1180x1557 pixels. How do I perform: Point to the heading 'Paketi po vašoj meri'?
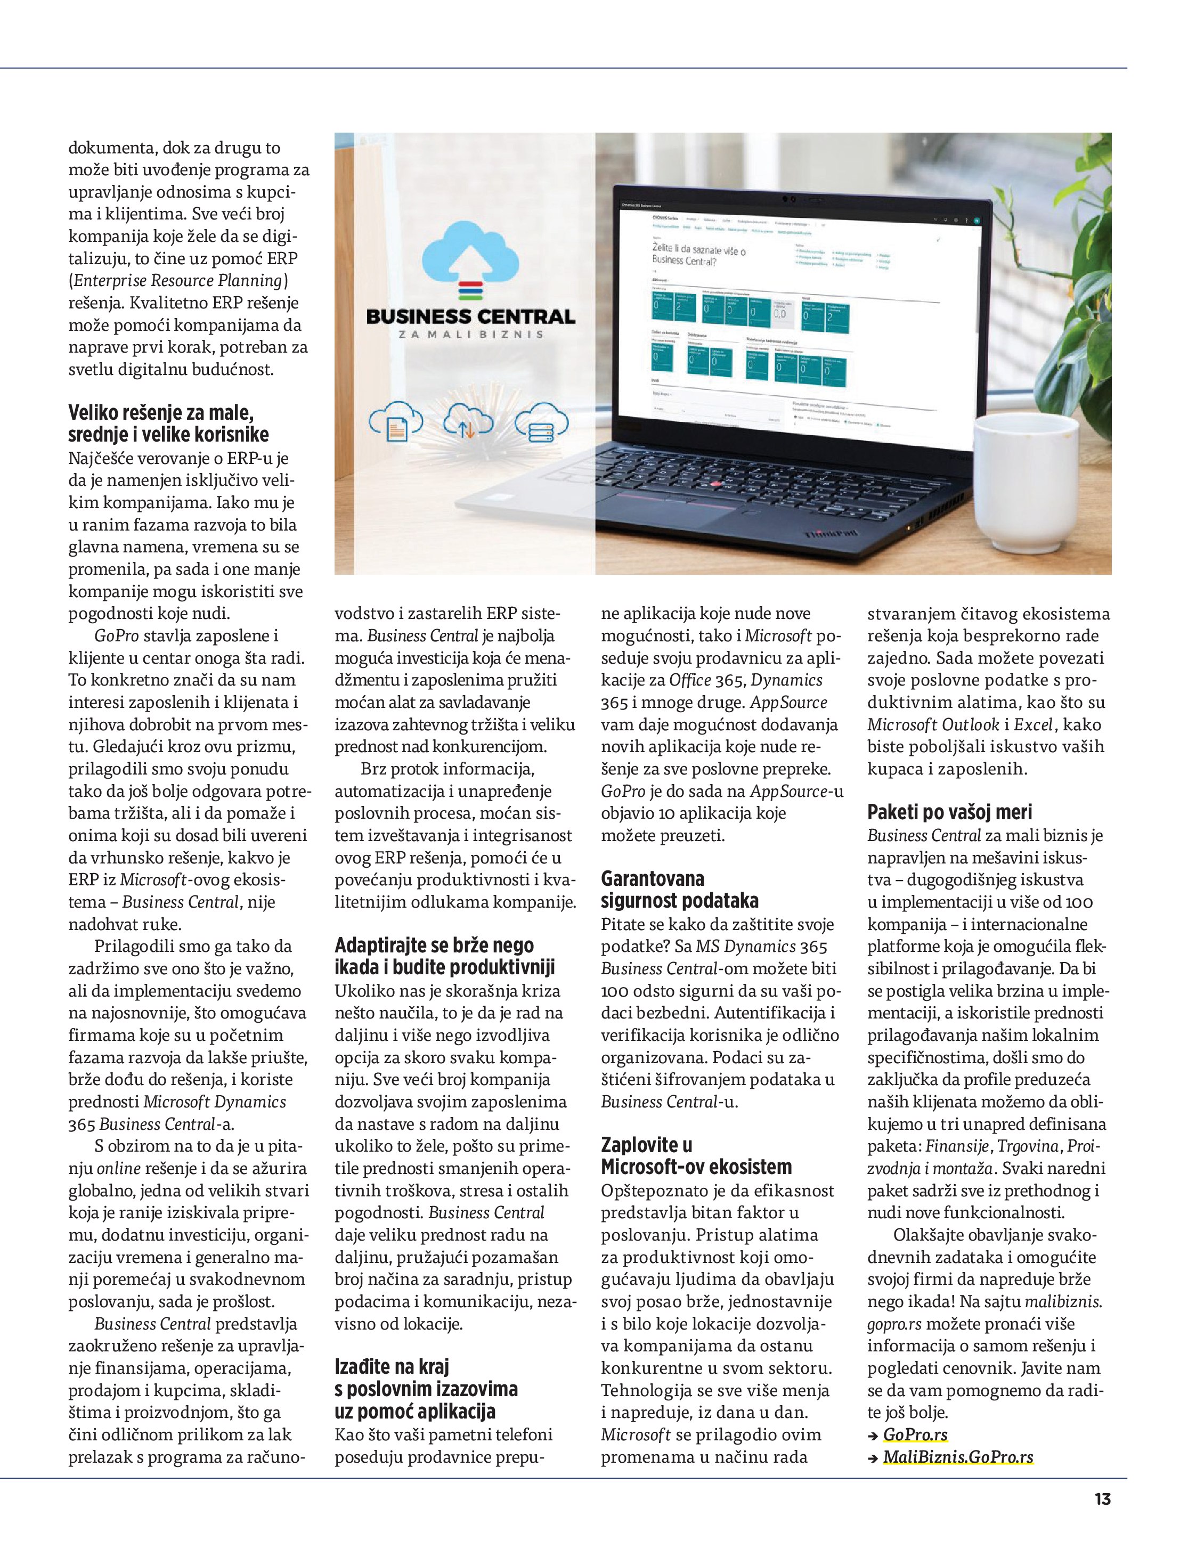pyautogui.click(x=950, y=812)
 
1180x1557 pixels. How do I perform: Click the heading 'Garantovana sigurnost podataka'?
pyautogui.click(x=679, y=890)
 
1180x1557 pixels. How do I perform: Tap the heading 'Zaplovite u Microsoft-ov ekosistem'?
pyautogui.click(x=696, y=1156)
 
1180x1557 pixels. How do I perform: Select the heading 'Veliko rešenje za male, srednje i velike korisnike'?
pyautogui.click(x=168, y=423)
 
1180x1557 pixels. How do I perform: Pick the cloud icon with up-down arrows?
pyautogui.click(x=468, y=422)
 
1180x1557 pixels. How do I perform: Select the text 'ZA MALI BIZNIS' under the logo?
pyautogui.click(x=470, y=335)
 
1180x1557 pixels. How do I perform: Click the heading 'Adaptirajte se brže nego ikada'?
pyautogui.click(x=444, y=956)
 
